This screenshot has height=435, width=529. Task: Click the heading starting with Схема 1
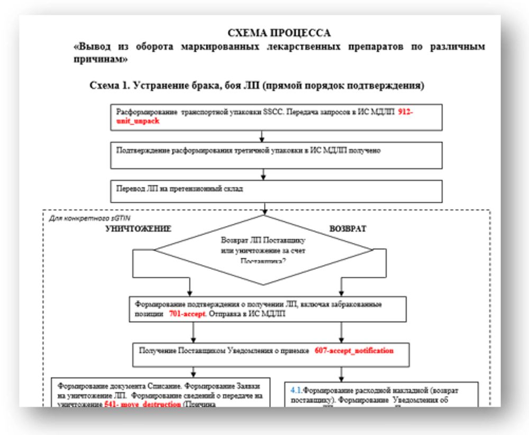point(257,85)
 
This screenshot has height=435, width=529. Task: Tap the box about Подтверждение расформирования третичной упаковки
point(276,155)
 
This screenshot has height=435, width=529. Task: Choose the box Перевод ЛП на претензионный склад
point(276,191)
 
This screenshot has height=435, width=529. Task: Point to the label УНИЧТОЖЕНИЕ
point(138,230)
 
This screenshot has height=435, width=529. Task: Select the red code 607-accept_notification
point(354,350)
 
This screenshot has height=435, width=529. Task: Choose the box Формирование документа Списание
point(161,392)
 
